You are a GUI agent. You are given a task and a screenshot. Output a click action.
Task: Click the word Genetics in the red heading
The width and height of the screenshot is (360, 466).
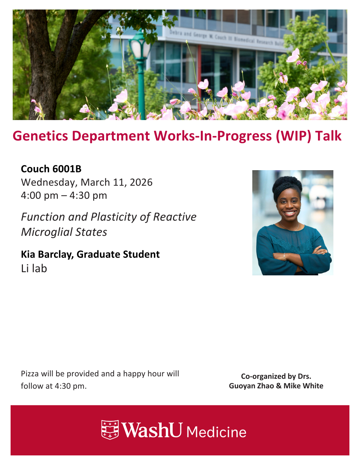point(40,136)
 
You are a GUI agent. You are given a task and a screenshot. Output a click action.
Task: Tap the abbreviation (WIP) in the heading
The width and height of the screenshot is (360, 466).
point(293,136)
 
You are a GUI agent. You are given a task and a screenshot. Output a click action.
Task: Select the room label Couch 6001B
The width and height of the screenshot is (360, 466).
point(51,169)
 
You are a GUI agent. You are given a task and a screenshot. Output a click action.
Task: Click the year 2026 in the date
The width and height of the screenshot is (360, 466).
point(141,182)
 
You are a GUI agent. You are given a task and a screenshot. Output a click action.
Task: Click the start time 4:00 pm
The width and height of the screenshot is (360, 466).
point(40,196)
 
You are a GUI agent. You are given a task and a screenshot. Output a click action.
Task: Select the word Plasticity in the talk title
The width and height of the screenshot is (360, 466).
point(114,217)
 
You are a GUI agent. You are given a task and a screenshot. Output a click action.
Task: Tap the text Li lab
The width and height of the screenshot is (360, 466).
point(34,269)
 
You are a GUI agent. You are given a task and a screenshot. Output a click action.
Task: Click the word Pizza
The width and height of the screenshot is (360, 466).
point(30,374)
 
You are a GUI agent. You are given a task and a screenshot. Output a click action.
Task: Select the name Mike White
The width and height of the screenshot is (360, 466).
point(303,386)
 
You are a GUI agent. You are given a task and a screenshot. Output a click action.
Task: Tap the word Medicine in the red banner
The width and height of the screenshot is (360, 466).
point(216,432)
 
